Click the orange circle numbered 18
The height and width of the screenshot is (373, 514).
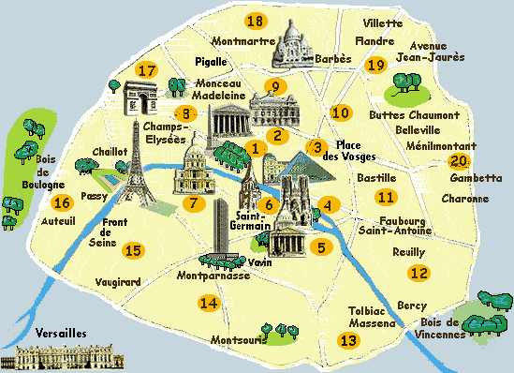pyautogui.click(x=255, y=21)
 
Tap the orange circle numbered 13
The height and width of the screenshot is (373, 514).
pyautogui.click(x=348, y=340)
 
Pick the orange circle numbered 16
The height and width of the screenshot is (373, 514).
pyautogui.click(x=63, y=203)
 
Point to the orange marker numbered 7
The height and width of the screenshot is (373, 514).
pyautogui.click(x=194, y=203)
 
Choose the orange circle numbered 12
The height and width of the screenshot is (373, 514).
pyautogui.click(x=419, y=273)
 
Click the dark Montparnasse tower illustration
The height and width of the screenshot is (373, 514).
pyautogui.click(x=221, y=230)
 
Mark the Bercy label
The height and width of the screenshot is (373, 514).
pyautogui.click(x=411, y=305)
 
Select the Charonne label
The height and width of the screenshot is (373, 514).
pyautogui.click(x=465, y=199)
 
